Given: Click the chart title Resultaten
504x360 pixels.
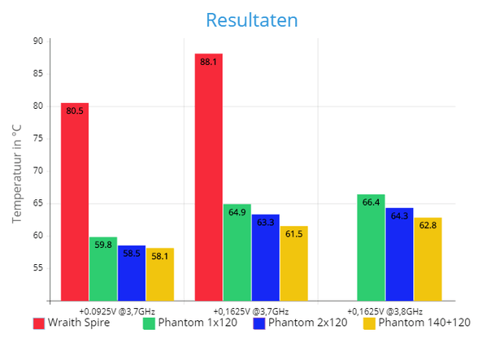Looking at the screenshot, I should [251, 19].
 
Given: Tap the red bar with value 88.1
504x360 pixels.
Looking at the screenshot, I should [209, 177].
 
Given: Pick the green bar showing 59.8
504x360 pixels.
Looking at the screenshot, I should [103, 269].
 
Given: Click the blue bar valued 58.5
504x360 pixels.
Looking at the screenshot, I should [132, 273].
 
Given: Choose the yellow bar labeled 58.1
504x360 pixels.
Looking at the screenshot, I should [160, 275].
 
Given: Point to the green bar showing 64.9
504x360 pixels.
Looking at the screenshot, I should [237, 252].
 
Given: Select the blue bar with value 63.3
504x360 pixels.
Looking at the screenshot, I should [266, 258].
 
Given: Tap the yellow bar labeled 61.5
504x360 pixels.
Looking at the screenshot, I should [293, 263].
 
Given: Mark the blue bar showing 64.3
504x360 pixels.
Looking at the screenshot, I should [399, 254].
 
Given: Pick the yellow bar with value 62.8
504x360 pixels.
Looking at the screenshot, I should [428, 259].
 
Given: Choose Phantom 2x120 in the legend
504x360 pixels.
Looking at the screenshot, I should [301, 323].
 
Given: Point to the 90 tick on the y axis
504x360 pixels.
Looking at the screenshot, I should [38, 41].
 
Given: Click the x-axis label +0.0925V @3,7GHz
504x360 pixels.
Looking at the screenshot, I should [117, 311].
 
